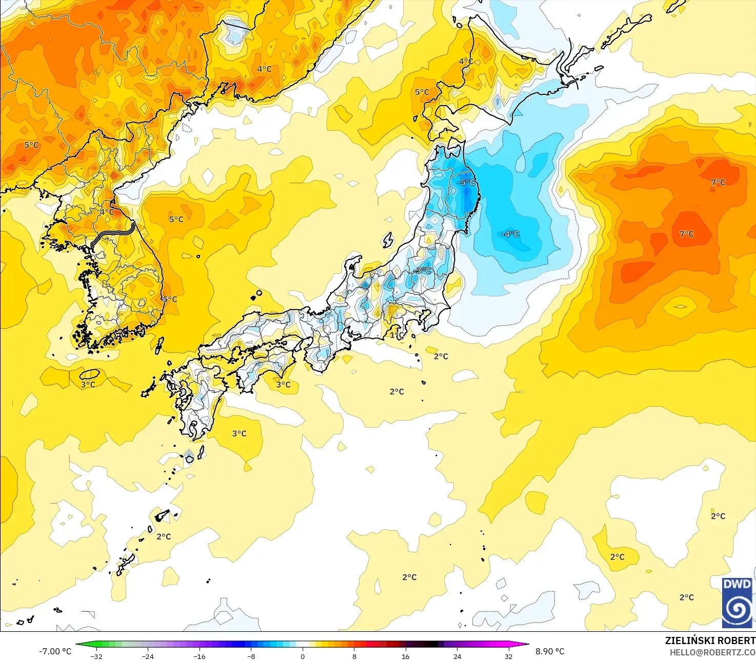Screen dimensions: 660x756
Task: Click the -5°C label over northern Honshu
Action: click(x=466, y=182)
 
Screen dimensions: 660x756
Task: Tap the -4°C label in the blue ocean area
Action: click(x=510, y=234)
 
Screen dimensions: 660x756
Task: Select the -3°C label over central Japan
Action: click(x=423, y=270)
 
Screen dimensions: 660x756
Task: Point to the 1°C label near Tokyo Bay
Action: click(x=396, y=335)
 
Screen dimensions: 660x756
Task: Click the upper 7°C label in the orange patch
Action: click(x=718, y=182)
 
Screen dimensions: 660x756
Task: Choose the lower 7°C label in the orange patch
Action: click(x=687, y=234)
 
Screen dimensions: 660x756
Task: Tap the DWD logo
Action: click(x=737, y=603)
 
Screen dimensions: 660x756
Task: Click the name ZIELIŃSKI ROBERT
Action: click(x=710, y=641)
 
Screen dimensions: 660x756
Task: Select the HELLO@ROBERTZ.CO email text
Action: click(x=712, y=652)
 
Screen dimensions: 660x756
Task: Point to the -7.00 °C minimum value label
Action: click(x=55, y=651)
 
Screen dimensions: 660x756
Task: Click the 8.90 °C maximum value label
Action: click(x=550, y=651)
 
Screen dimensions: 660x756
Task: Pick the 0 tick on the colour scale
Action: click(x=303, y=656)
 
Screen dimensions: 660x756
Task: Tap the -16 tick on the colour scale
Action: click(x=199, y=656)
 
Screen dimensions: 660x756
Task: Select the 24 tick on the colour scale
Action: click(x=457, y=656)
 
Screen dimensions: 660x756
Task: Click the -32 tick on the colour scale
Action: click(x=96, y=656)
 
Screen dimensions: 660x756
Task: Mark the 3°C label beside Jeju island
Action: click(x=88, y=384)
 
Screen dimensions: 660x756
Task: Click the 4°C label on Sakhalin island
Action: click(x=466, y=61)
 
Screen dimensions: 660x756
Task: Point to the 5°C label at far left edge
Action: click(x=31, y=145)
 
